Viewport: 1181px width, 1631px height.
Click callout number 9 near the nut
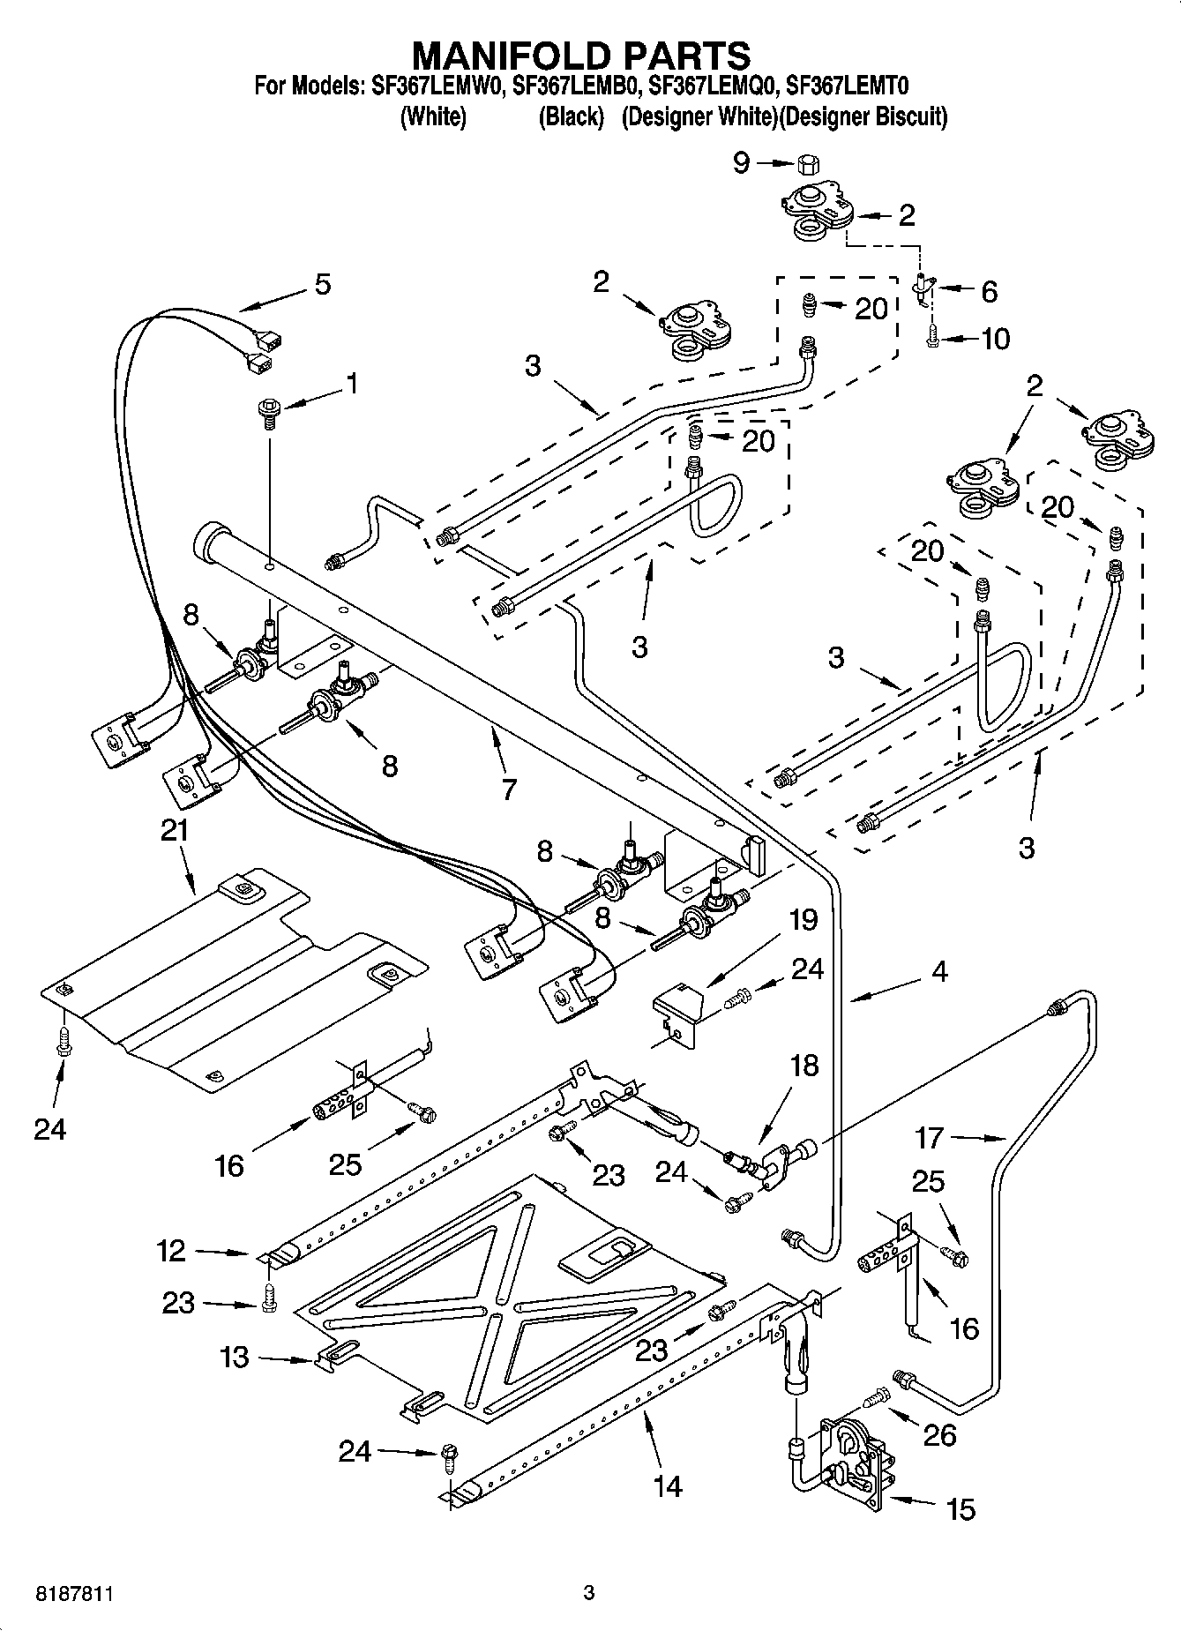click(742, 162)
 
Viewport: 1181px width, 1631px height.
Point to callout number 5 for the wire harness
click(323, 284)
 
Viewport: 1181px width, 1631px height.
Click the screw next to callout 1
click(267, 412)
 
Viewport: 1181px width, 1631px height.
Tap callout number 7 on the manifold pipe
click(508, 789)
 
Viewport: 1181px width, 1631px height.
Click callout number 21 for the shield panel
click(174, 831)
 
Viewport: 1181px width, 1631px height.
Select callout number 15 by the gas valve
click(961, 1509)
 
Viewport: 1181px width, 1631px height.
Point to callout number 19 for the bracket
click(803, 920)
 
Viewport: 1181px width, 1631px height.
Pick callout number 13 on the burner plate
click(235, 1357)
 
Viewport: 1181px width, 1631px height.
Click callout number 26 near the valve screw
click(940, 1435)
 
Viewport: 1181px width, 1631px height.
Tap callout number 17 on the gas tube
click(930, 1138)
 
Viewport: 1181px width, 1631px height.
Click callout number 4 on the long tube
click(939, 972)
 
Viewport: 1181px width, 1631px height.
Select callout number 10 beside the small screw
click(995, 339)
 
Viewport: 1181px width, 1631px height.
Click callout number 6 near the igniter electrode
click(989, 291)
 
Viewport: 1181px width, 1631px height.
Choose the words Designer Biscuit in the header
click(869, 117)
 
